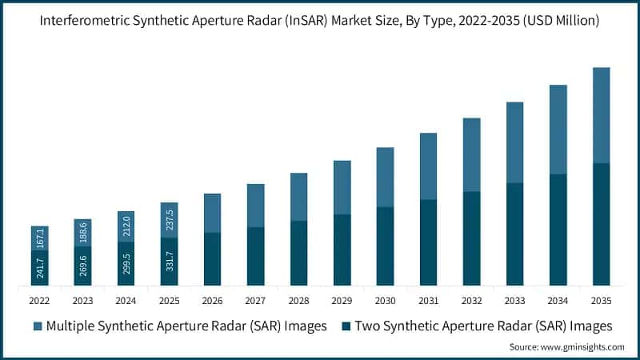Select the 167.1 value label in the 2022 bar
pos(40,238)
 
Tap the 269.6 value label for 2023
pos(83,266)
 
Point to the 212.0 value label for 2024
pos(126,226)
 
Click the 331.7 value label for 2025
pos(170,261)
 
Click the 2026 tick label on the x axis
pos(212,301)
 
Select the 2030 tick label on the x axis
pos(385,301)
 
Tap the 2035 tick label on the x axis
pos(601,301)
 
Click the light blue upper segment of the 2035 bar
pos(601,115)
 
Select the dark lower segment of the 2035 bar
pos(601,224)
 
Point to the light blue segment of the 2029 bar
pos(342,187)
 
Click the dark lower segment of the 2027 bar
pos(255,256)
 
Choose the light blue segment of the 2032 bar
pos(471,154)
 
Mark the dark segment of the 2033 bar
pos(514,234)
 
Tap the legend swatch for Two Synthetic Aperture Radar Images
pos(346,326)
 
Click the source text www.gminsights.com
pos(583,347)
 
